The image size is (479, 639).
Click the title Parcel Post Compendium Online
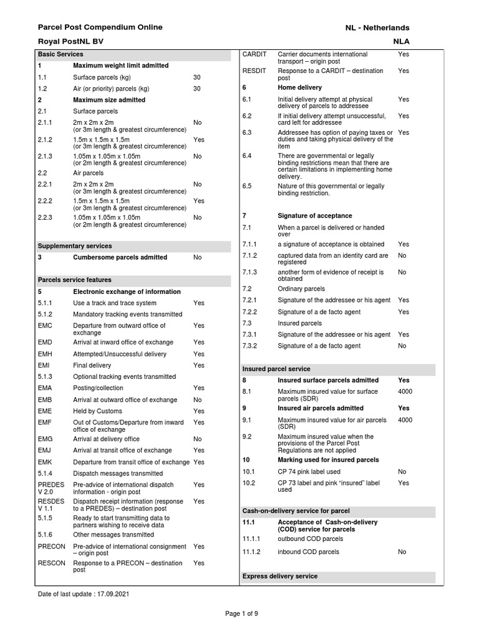(100, 27)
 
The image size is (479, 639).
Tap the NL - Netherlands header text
(377, 28)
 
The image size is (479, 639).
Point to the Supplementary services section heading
(75, 246)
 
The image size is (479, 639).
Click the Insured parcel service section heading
(276, 369)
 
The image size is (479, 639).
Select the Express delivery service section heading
(280, 576)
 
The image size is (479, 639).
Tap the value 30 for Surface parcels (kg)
(197, 77)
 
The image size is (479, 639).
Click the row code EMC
(45, 326)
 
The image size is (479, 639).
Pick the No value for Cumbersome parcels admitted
(198, 257)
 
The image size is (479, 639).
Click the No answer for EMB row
(198, 400)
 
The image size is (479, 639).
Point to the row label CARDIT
(254, 54)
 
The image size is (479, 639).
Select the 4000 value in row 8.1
(405, 391)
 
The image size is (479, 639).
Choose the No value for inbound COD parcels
(402, 552)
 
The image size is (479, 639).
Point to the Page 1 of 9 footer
(241, 613)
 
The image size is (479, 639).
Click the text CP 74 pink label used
(309, 472)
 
